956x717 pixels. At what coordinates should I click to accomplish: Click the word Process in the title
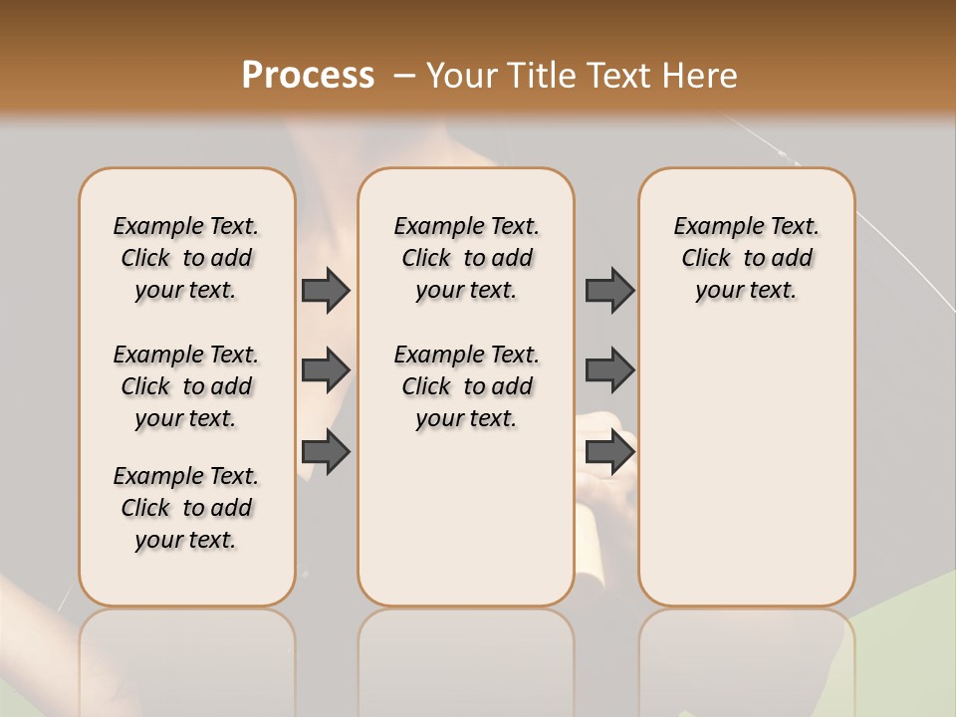(308, 75)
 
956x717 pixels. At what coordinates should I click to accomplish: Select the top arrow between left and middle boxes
(326, 290)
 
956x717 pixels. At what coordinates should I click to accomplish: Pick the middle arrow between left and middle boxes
(326, 370)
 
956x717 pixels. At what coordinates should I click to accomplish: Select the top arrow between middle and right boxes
(609, 290)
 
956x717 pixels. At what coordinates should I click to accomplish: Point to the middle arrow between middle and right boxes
(609, 370)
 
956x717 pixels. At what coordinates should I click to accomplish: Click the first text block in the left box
(186, 258)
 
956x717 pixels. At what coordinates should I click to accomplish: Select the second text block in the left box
(186, 386)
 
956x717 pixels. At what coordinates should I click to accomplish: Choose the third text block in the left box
(186, 508)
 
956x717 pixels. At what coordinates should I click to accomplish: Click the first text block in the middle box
(466, 258)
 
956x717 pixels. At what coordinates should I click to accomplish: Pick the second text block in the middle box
(466, 386)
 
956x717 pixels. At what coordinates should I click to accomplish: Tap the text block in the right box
(746, 258)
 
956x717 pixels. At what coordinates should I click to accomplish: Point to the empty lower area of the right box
(746, 468)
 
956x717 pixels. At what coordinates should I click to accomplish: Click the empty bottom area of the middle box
(466, 528)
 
